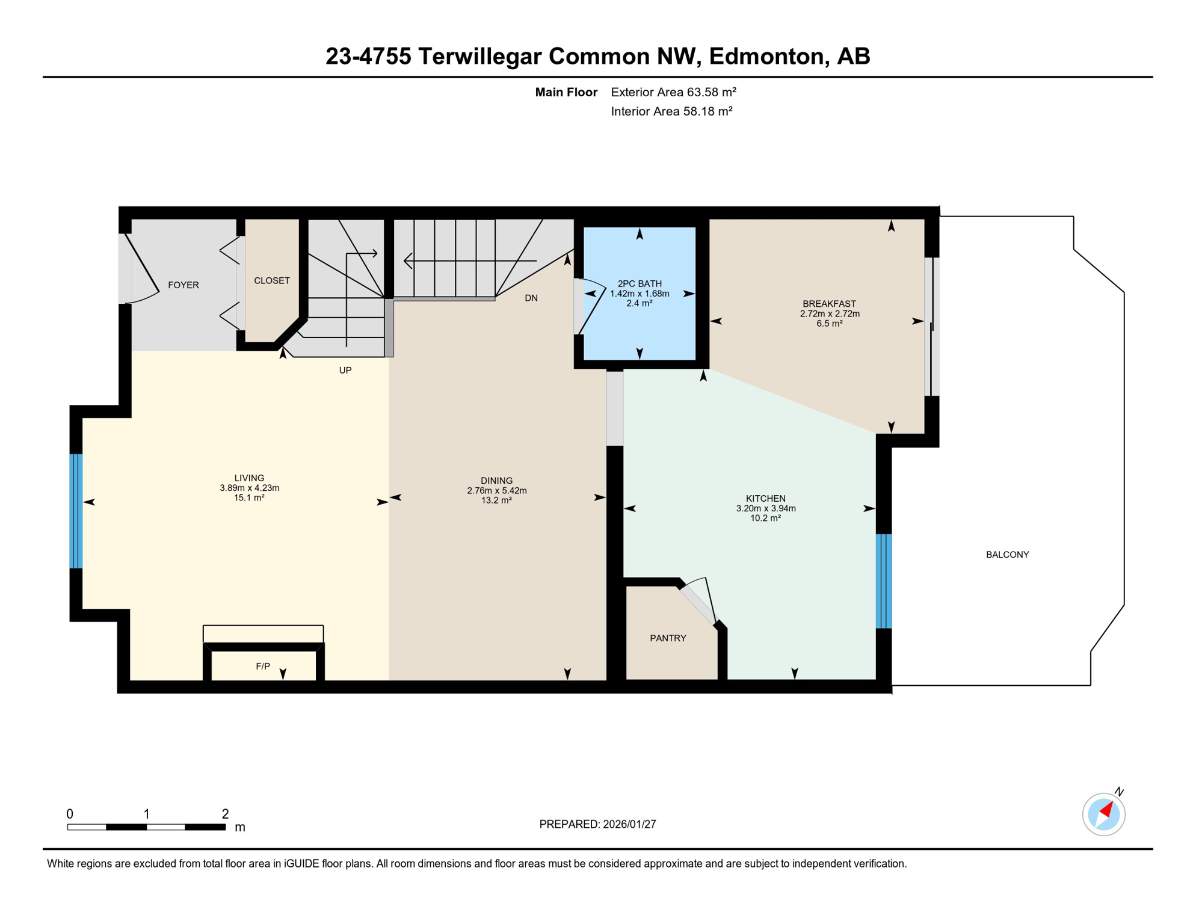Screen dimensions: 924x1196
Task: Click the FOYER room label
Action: [183, 285]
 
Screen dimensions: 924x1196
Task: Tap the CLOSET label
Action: [272, 281]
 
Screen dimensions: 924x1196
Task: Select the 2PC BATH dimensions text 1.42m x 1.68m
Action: [640, 294]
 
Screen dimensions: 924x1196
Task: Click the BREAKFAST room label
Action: [829, 304]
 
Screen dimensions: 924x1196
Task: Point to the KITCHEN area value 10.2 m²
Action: [765, 519]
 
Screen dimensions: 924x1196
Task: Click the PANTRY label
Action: [668, 638]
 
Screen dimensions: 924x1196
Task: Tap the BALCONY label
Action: [1007, 555]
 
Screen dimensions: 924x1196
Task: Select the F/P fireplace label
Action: [263, 667]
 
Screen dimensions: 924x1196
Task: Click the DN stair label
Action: [531, 298]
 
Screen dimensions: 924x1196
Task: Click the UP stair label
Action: [345, 371]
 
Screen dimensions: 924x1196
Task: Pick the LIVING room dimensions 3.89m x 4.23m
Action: [250, 488]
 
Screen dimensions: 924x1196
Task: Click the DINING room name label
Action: [496, 481]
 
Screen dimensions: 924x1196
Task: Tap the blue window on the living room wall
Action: [76, 511]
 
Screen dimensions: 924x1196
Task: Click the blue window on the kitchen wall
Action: [883, 581]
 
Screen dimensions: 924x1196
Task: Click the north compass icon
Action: [1103, 815]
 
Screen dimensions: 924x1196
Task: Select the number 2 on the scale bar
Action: [225, 814]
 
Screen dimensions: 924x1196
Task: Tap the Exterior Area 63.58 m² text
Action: [673, 92]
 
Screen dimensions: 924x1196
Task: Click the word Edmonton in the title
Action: [766, 57]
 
